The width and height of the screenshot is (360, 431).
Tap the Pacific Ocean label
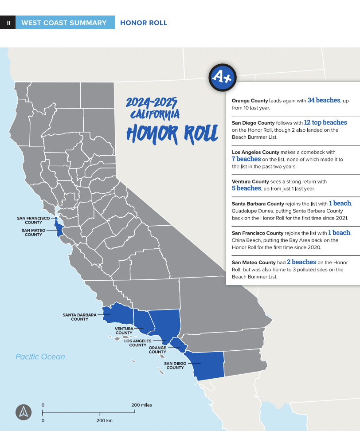(40, 357)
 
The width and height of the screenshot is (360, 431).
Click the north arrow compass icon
(23, 412)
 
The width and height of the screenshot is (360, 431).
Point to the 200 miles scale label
(141, 405)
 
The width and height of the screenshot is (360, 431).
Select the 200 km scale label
(104, 420)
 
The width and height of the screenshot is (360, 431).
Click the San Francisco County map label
(33, 220)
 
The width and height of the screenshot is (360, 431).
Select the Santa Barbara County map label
(79, 317)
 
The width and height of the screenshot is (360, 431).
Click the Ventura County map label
(124, 331)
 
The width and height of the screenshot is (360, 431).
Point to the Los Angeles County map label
(137, 343)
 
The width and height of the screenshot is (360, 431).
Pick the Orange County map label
(157, 350)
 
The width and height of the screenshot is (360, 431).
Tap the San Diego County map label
(175, 365)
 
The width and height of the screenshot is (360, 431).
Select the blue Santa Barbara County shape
(117, 313)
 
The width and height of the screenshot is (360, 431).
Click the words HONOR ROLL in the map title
(172, 133)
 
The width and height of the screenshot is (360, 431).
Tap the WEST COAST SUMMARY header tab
(64, 23)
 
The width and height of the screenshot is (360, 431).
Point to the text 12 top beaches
(325, 122)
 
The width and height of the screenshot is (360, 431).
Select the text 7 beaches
(246, 159)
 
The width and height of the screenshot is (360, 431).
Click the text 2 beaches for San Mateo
(301, 262)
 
